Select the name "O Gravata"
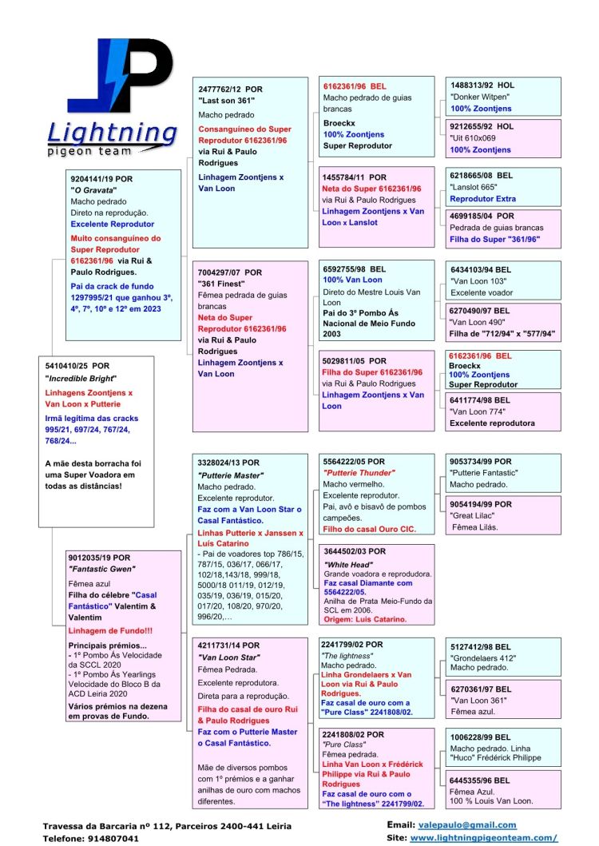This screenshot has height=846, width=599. point(93,190)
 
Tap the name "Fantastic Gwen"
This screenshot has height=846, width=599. point(100,568)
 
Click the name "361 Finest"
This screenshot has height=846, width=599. point(223,283)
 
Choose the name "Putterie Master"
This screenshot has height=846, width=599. point(230,475)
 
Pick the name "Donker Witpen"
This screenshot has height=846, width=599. point(479,97)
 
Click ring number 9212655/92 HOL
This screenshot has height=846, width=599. point(482,126)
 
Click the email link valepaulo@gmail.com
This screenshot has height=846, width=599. point(467,825)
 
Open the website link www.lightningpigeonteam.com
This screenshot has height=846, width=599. point(483,837)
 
